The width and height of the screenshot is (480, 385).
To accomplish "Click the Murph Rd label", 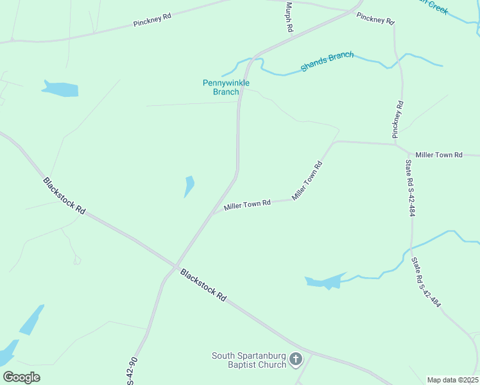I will click(x=288, y=17).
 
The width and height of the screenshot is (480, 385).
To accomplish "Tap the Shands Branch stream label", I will click(x=327, y=62).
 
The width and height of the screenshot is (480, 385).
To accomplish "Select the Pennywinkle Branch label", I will click(x=226, y=87).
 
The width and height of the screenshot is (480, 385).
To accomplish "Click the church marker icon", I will click(x=296, y=359).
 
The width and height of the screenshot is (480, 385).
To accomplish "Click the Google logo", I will click(x=22, y=377).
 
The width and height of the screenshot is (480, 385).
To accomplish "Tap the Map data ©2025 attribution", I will click(x=453, y=380).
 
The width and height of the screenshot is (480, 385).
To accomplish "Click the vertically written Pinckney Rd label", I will click(x=399, y=119).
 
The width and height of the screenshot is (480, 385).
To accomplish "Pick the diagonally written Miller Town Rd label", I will click(x=307, y=180).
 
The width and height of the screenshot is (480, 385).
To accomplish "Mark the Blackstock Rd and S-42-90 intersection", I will click(x=175, y=266).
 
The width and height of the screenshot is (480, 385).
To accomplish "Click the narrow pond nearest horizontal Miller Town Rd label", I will click(x=189, y=186).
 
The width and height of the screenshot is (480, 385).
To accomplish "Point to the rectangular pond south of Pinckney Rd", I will click(x=60, y=89).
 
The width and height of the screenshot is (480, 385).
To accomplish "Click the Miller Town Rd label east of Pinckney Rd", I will click(x=439, y=155).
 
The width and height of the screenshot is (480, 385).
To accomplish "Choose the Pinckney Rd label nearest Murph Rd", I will click(x=375, y=19).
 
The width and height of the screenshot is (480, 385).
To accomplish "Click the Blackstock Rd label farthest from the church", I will click(x=64, y=196).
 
